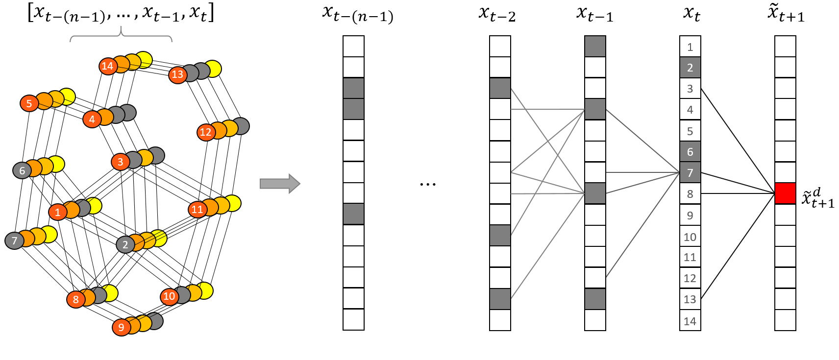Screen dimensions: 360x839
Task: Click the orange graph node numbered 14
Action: (108, 66)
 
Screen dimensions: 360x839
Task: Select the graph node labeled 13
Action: (177, 74)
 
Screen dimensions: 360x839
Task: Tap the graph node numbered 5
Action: (29, 103)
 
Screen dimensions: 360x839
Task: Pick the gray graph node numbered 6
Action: (22, 170)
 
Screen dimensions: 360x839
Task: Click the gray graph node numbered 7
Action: (14, 240)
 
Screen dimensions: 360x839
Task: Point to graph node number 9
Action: (121, 327)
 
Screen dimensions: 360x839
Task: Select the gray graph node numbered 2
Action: (125, 244)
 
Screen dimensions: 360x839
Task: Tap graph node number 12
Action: (206, 132)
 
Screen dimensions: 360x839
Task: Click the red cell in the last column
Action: (785, 193)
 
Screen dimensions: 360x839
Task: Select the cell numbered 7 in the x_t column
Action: (690, 172)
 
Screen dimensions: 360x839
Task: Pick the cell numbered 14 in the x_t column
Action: (690, 321)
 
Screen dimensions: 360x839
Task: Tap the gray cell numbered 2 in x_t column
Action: (690, 68)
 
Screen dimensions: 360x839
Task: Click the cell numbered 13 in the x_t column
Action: (690, 299)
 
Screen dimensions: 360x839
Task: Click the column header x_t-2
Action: (497, 14)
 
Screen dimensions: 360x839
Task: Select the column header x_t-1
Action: (594, 14)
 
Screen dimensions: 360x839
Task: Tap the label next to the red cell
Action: (817, 198)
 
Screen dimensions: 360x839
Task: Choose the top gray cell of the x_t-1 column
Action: (595, 47)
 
